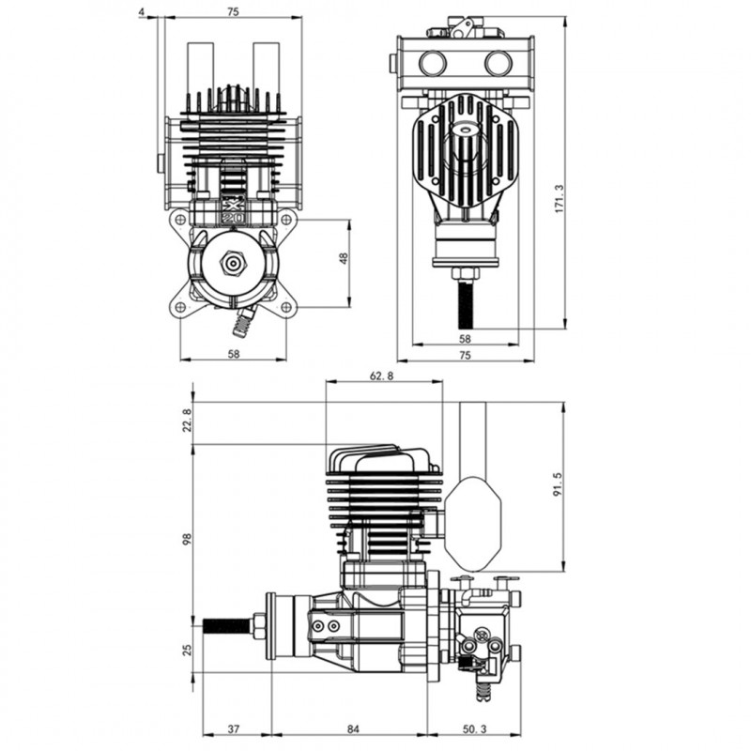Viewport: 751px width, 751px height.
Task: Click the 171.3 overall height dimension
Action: click(x=559, y=198)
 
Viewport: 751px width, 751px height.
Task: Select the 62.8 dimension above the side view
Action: click(x=382, y=375)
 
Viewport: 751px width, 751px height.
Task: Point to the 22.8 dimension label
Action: click(x=186, y=420)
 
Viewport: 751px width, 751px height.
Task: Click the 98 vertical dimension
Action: click(x=186, y=539)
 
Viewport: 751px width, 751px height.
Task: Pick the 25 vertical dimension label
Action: click(x=186, y=650)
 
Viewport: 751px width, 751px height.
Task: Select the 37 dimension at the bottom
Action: click(x=234, y=729)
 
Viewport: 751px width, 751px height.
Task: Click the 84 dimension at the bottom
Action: click(x=353, y=729)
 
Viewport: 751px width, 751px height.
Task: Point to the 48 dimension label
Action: click(x=344, y=257)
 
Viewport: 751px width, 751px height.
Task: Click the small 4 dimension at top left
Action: click(x=141, y=11)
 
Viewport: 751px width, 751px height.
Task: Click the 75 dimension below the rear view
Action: click(x=466, y=354)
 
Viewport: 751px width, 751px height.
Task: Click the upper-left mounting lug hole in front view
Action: click(x=180, y=220)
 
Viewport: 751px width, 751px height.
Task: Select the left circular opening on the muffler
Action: click(x=432, y=64)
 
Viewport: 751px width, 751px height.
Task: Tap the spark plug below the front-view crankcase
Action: click(x=243, y=324)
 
